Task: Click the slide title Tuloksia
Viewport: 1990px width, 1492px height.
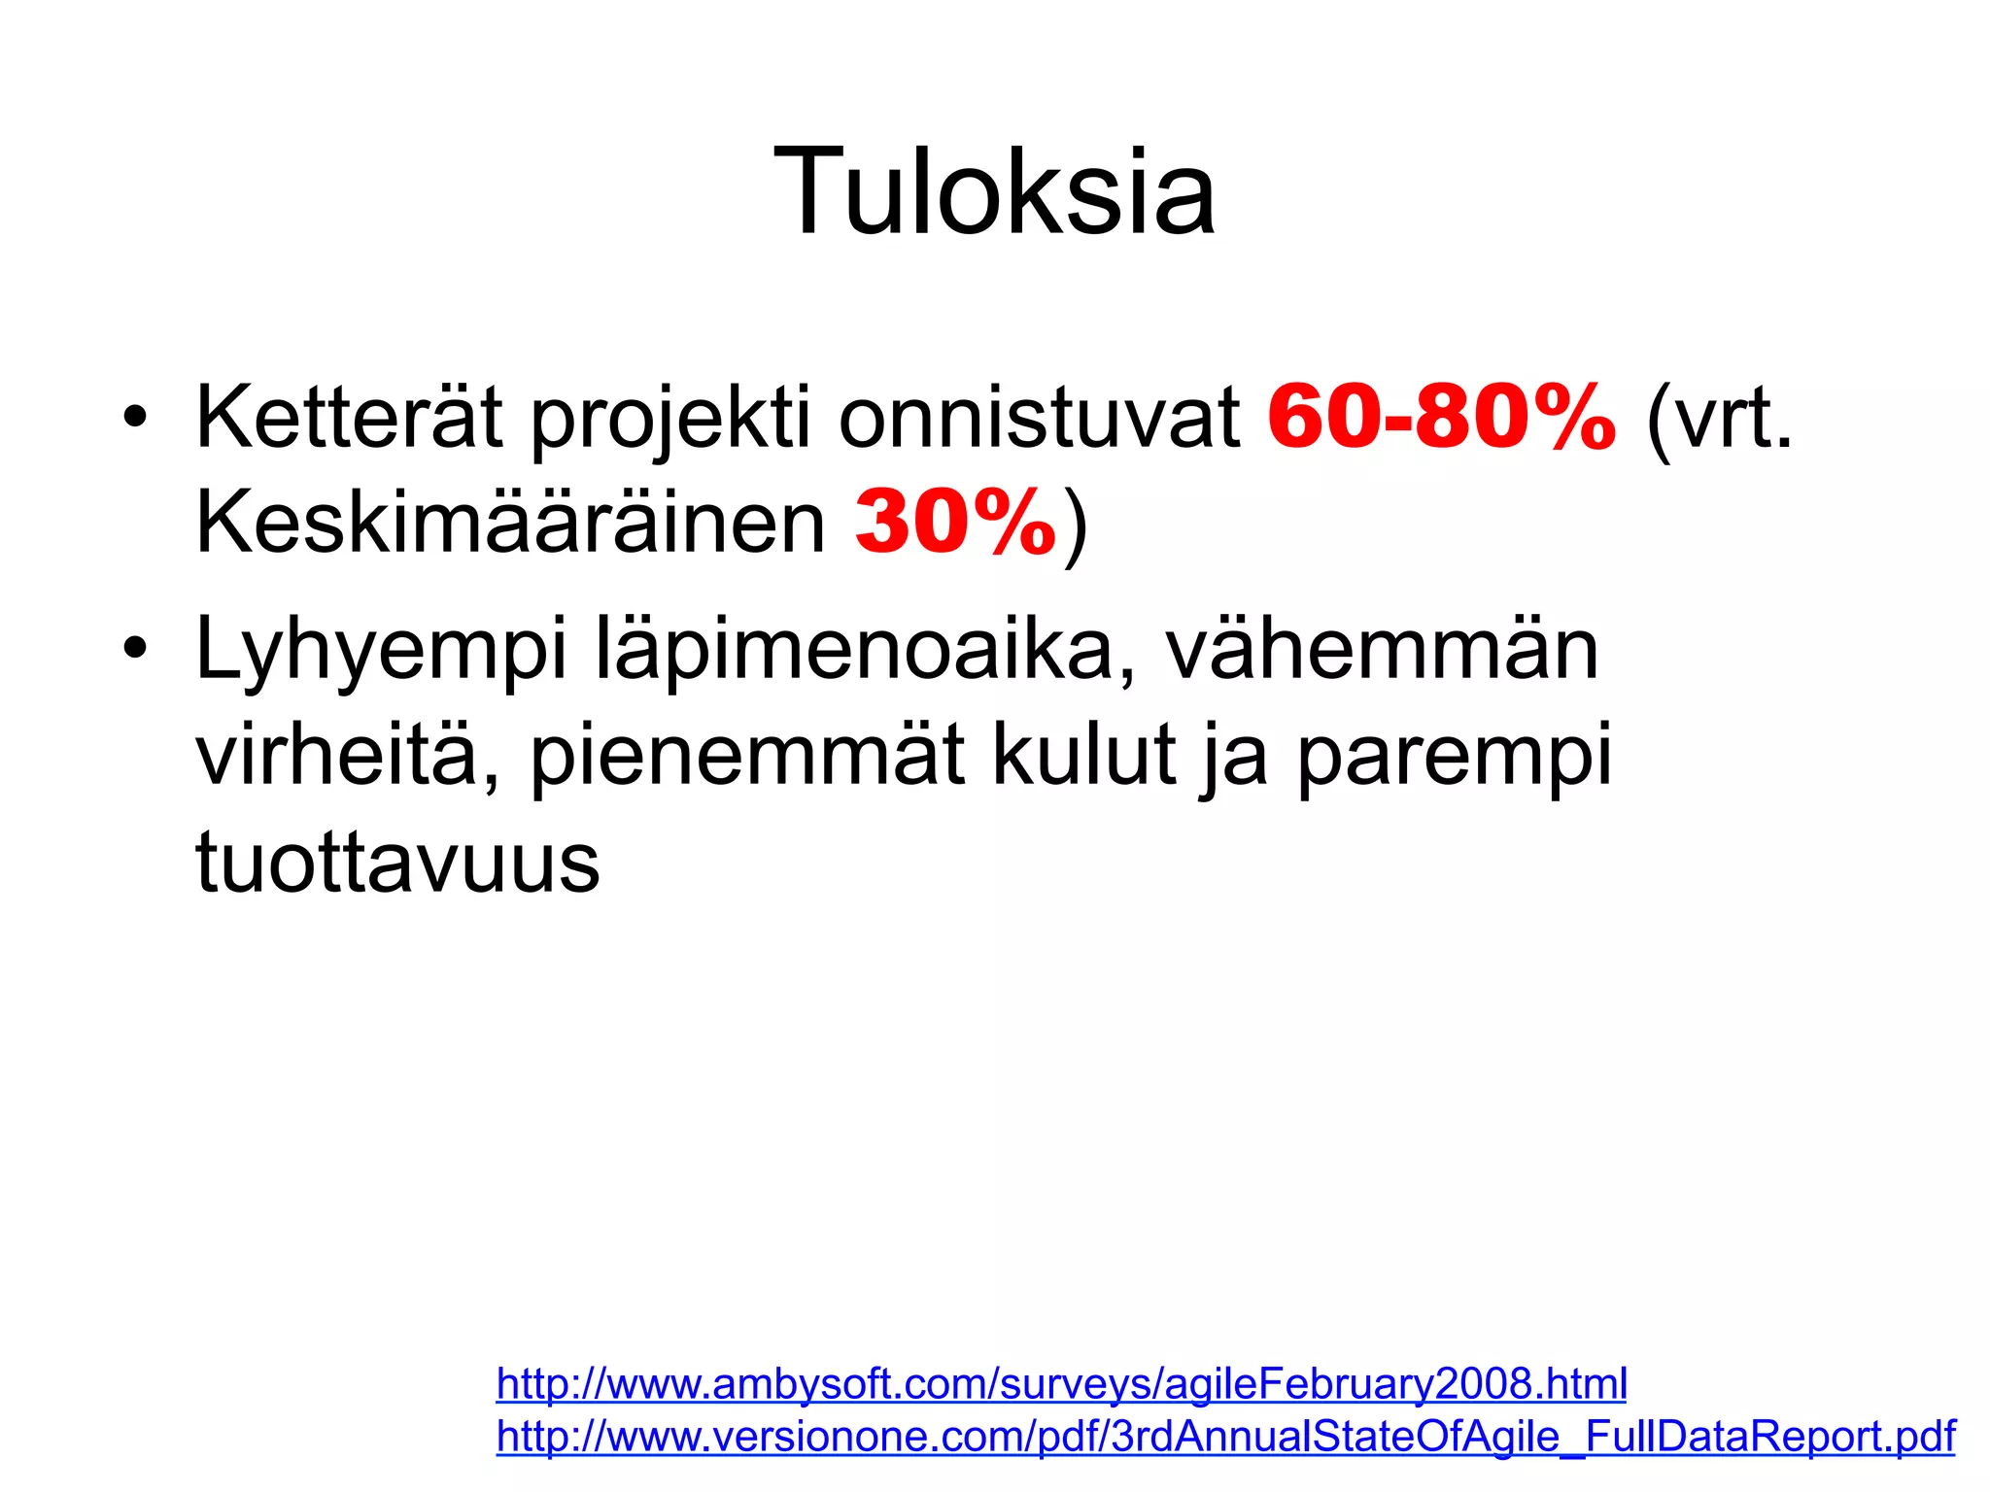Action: pos(994,190)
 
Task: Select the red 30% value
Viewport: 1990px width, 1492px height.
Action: pos(955,524)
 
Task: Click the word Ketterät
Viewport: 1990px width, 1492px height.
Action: pos(349,418)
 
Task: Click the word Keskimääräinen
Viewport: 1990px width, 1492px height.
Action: pos(510,524)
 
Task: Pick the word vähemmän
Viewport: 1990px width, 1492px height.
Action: pos(1383,649)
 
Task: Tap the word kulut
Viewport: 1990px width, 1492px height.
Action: pos(1084,755)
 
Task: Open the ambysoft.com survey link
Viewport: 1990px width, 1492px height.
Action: pos(1061,1383)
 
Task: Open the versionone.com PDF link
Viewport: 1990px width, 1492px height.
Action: pos(1225,1436)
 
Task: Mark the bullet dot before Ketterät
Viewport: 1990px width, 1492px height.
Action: pos(135,418)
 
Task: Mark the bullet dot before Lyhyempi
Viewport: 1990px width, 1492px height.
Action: pos(135,649)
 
